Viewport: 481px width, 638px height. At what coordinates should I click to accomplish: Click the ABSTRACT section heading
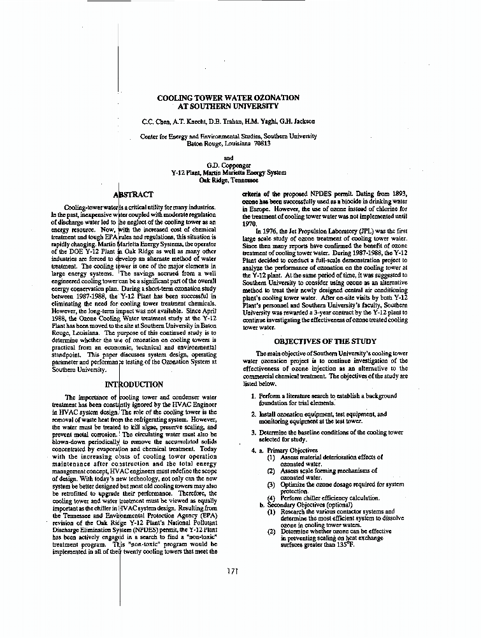(133, 194)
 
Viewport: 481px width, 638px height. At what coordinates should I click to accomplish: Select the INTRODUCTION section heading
(134, 385)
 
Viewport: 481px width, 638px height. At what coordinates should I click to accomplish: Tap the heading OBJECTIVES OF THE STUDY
(325, 341)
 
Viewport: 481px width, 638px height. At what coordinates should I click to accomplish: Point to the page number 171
(233, 571)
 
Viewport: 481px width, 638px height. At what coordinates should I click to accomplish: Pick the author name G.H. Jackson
(294, 121)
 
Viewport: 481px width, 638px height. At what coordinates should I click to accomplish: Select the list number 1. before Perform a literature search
(254, 396)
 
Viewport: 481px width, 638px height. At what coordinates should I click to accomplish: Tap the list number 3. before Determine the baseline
(254, 433)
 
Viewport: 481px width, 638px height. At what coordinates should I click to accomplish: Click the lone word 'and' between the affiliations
(229, 158)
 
